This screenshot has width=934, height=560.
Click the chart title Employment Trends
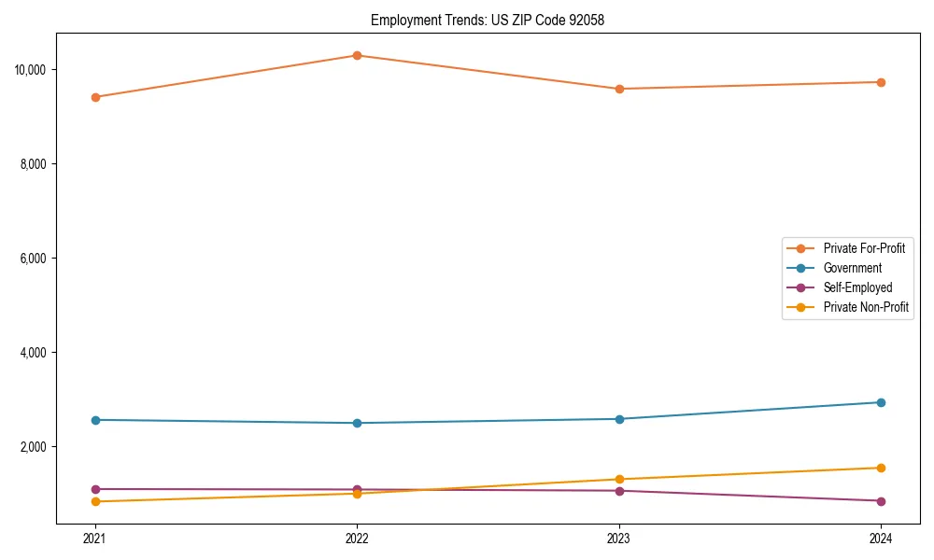487,20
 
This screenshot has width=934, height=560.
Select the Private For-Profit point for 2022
357,55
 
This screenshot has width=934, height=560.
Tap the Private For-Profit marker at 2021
94,97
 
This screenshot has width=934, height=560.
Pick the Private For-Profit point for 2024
881,82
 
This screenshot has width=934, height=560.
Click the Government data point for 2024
881,402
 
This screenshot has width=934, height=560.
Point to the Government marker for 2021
94,420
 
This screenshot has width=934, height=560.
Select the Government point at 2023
619,419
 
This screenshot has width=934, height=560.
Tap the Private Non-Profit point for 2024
881,468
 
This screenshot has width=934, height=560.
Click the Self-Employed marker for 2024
881,501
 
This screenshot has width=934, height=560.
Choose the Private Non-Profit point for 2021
94,502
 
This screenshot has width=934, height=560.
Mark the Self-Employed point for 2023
619,491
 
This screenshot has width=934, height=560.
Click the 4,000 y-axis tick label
35,353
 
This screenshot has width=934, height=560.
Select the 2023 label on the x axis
619,538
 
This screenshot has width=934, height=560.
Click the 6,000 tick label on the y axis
35,259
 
